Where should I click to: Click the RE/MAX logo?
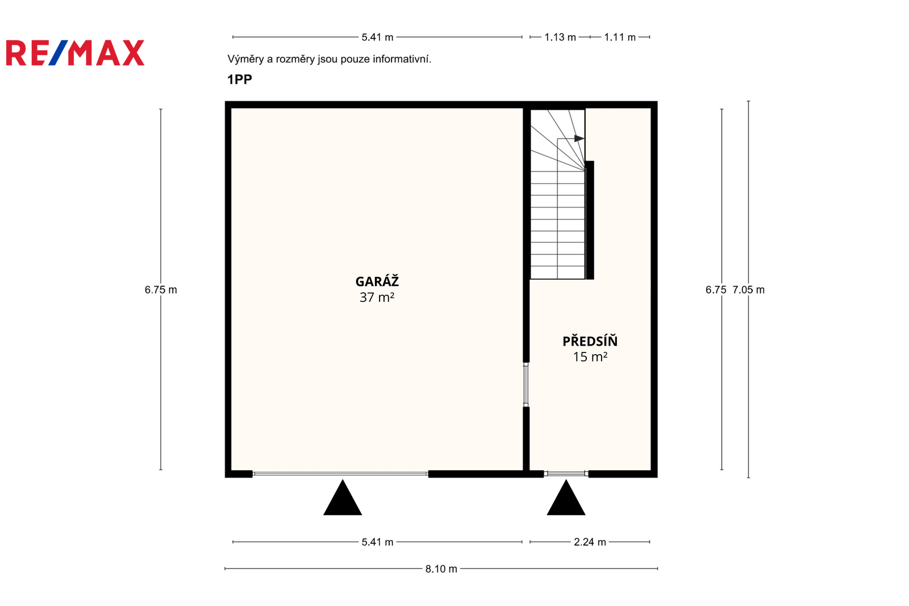tap(75, 53)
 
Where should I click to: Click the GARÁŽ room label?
tap(377, 281)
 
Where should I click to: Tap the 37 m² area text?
tap(377, 297)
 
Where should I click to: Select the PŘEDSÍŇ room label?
tap(590, 341)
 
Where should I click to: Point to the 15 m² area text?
tap(590, 356)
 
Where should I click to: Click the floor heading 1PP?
tap(239, 79)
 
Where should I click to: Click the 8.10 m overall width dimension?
tap(441, 568)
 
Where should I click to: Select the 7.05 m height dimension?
tap(749, 289)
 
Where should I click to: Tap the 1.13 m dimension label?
tap(560, 38)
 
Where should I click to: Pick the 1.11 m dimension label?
tap(620, 38)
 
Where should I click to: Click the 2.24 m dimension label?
tap(590, 542)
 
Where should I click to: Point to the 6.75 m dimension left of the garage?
tap(161, 289)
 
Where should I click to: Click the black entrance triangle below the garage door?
tap(343, 497)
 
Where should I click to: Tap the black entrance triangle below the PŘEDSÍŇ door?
tap(566, 497)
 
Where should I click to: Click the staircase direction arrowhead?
tap(579, 139)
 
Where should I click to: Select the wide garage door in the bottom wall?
tap(340, 474)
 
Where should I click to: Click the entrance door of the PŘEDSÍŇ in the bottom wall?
tap(566, 473)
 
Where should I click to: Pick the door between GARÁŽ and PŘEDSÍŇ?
tap(526, 385)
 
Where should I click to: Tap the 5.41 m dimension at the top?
tap(377, 38)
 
